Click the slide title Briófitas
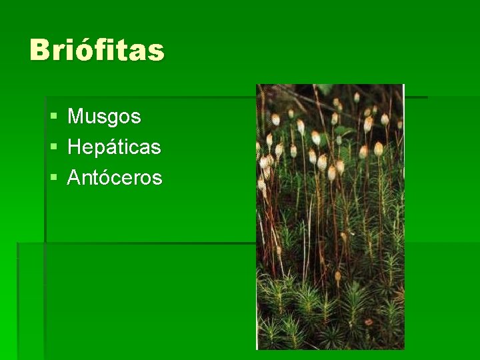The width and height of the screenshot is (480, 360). [x=97, y=50]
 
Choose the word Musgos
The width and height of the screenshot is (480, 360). [x=104, y=117]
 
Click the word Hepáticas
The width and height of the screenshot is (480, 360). [x=114, y=147]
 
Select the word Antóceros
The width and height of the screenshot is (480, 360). [x=115, y=178]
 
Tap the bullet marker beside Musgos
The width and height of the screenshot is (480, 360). [x=53, y=117]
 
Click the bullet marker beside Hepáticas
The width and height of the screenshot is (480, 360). [x=53, y=147]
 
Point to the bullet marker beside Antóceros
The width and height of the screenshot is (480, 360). [x=53, y=178]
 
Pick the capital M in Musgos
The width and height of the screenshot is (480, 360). [x=75, y=117]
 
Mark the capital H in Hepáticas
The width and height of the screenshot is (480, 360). [x=74, y=147]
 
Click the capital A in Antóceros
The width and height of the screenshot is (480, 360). [x=74, y=178]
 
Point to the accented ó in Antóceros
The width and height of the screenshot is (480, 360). [x=107, y=177]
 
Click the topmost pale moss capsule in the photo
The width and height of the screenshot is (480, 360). [x=357, y=97]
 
